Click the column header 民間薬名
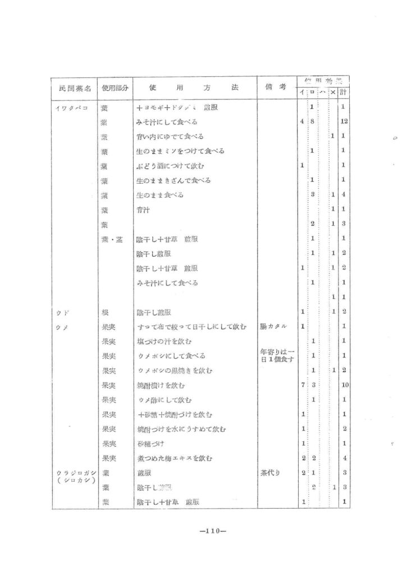[74, 89]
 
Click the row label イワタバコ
[71, 107]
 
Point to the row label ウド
[62, 312]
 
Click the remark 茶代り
[272, 473]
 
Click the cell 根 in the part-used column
[104, 312]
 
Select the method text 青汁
[143, 209]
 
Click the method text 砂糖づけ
[150, 444]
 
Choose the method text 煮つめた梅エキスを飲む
[175, 459]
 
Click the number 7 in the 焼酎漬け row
[303, 385]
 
